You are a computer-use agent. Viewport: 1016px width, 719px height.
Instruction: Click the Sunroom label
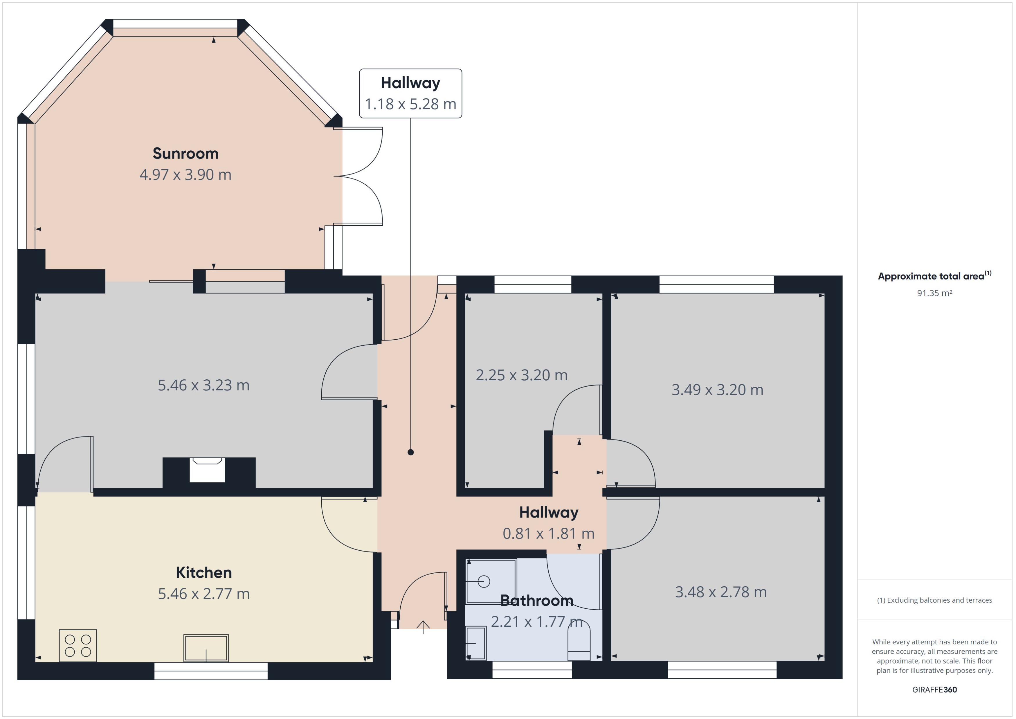click(185, 154)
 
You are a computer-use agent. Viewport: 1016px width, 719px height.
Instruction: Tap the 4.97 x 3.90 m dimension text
click(185, 175)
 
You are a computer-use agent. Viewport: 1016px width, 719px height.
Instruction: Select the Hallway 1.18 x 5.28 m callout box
click(410, 93)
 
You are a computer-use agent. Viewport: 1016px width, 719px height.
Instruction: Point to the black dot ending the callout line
click(410, 452)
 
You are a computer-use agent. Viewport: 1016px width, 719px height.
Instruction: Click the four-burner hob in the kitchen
click(78, 646)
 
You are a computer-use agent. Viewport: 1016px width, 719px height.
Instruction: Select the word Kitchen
click(204, 572)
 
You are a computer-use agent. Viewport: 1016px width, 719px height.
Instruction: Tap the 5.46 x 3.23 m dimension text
click(204, 385)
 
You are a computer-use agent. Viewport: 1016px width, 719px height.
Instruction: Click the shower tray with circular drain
click(491, 581)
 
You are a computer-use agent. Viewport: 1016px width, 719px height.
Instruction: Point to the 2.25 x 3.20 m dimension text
click(522, 375)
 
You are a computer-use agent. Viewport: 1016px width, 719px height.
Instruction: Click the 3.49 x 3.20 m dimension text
click(717, 390)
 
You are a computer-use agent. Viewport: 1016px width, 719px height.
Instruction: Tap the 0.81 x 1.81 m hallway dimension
click(549, 534)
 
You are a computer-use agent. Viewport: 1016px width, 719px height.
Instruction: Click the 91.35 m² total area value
click(934, 293)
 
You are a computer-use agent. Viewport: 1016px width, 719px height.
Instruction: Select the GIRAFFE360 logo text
click(934, 689)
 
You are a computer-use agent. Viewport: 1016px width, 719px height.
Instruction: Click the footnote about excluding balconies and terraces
click(934, 600)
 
